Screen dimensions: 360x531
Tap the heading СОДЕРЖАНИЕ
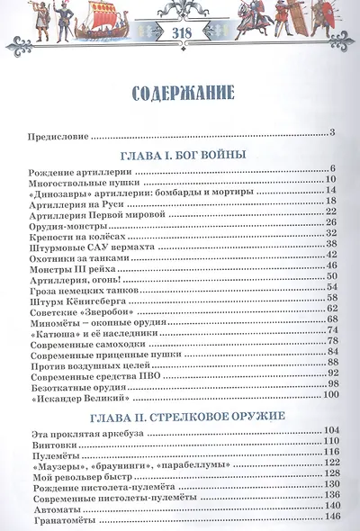179,93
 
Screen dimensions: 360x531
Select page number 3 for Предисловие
332,134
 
